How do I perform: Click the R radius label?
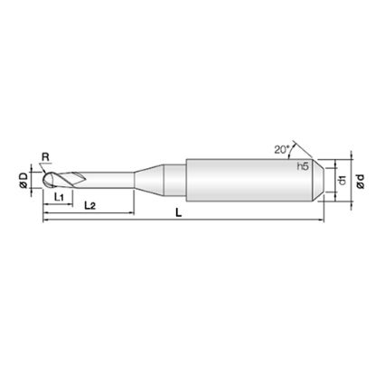(x=45, y=156)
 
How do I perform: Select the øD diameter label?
(x=23, y=181)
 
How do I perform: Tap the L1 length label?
(x=59, y=197)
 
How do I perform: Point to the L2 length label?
(x=89, y=206)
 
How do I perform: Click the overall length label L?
(x=179, y=213)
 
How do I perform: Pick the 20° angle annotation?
(x=281, y=149)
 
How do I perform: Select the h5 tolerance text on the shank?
(x=303, y=166)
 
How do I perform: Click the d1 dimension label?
(x=342, y=181)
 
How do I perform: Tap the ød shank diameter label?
(x=361, y=181)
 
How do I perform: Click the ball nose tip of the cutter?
(x=44, y=181)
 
